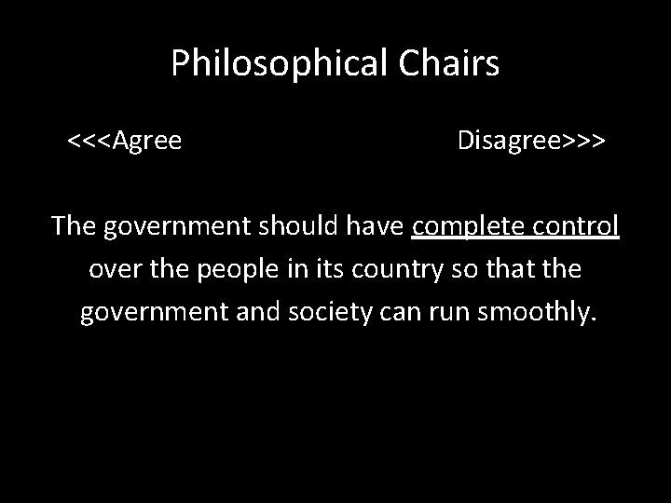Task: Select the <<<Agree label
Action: click(x=124, y=142)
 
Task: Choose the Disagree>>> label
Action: click(x=532, y=142)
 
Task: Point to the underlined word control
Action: click(x=577, y=225)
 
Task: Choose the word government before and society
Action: click(x=154, y=313)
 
